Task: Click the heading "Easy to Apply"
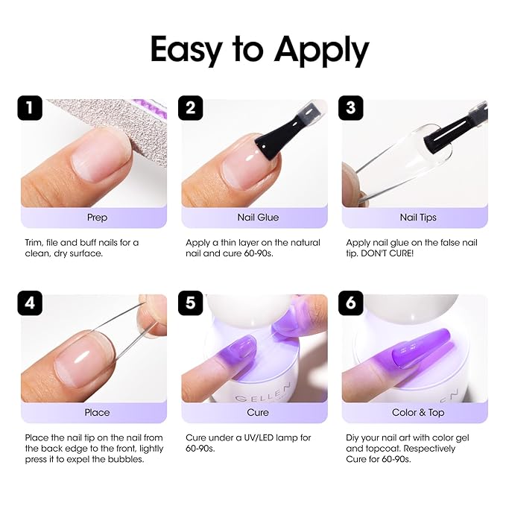point(259,50)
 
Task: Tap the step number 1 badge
point(30,108)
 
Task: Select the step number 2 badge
point(191,108)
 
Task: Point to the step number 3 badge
point(352,108)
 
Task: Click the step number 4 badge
point(30,303)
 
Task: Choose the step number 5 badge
point(191,303)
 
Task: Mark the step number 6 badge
point(352,303)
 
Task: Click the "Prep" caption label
point(97,218)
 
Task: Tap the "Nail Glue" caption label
point(258,218)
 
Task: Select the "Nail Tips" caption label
point(418,218)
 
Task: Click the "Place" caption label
point(97,412)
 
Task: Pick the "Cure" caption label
point(258,412)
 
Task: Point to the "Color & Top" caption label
point(418,412)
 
